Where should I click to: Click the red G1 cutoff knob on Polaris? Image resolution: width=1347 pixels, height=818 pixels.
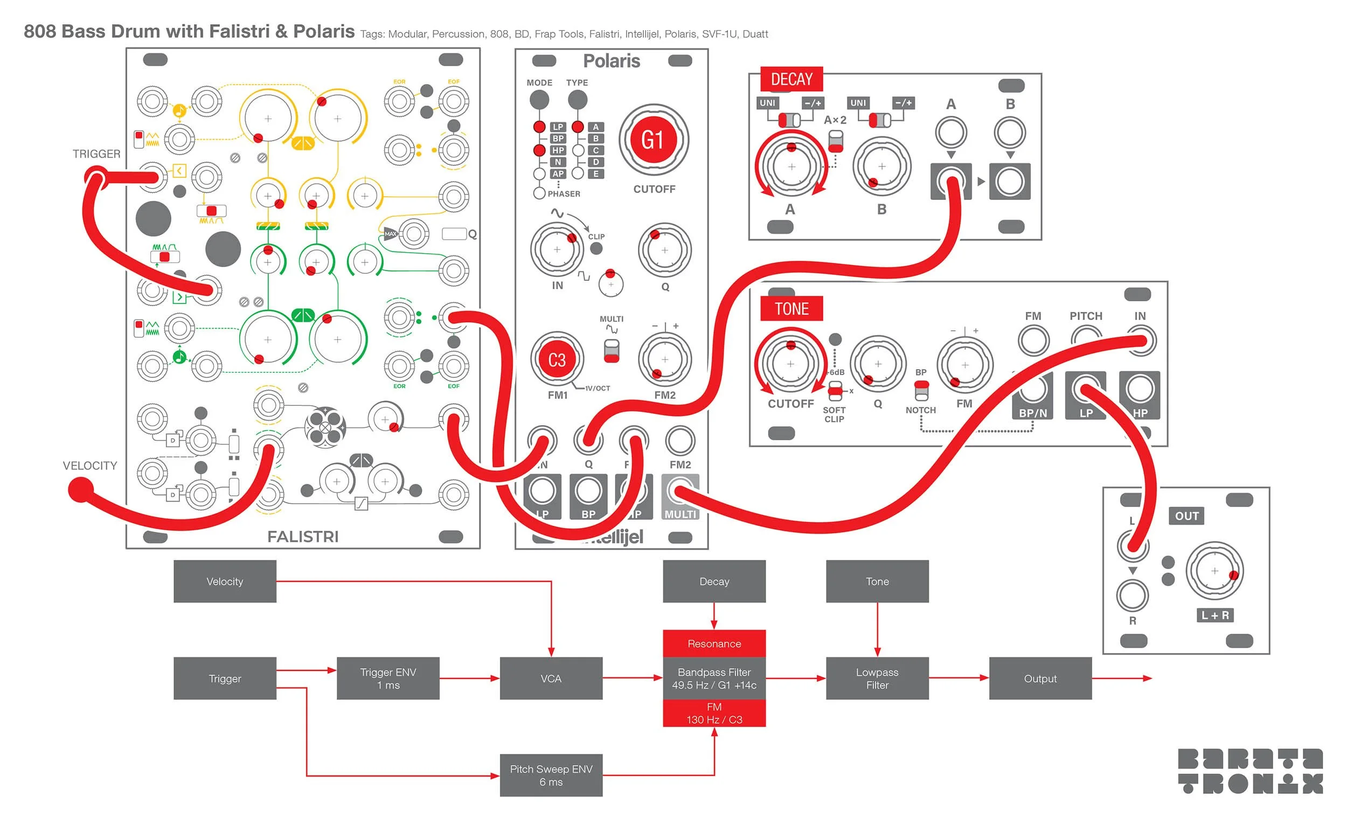pyautogui.click(x=652, y=140)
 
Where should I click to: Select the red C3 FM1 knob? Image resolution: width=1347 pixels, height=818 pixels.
pyautogui.click(x=557, y=360)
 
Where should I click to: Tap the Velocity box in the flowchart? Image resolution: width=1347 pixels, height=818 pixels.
pyautogui.click(x=225, y=581)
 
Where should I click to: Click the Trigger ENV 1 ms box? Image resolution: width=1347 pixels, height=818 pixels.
pyautogui.click(x=387, y=678)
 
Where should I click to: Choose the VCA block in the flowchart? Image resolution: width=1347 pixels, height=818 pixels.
pyautogui.click(x=551, y=678)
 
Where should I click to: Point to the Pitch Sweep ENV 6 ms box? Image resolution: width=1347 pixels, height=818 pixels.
pyautogui.click(x=551, y=775)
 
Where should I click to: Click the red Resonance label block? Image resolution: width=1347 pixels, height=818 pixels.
pyautogui.click(x=713, y=643)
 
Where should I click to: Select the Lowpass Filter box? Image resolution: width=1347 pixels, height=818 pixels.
pyautogui.click(x=877, y=678)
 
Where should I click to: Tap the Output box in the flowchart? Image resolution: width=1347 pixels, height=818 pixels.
pyautogui.click(x=1040, y=678)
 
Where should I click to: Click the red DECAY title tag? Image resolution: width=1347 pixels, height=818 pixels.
pyautogui.click(x=791, y=80)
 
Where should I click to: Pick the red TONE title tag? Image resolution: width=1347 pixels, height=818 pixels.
pyautogui.click(x=791, y=309)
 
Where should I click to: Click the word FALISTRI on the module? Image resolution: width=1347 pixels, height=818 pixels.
pyautogui.click(x=303, y=536)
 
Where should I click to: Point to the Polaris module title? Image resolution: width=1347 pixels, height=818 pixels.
pyautogui.click(x=611, y=61)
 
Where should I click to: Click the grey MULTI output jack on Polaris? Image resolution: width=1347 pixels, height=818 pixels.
pyautogui.click(x=679, y=491)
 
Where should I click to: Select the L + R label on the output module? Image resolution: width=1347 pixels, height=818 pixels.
pyautogui.click(x=1214, y=615)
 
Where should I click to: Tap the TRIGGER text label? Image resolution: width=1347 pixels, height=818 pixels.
pyautogui.click(x=96, y=154)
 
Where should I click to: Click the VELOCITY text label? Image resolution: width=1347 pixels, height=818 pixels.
pyautogui.click(x=89, y=466)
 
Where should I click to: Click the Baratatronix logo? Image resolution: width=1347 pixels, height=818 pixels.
pyautogui.click(x=1249, y=771)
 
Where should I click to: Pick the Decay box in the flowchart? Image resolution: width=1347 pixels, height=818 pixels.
pyautogui.click(x=713, y=581)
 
